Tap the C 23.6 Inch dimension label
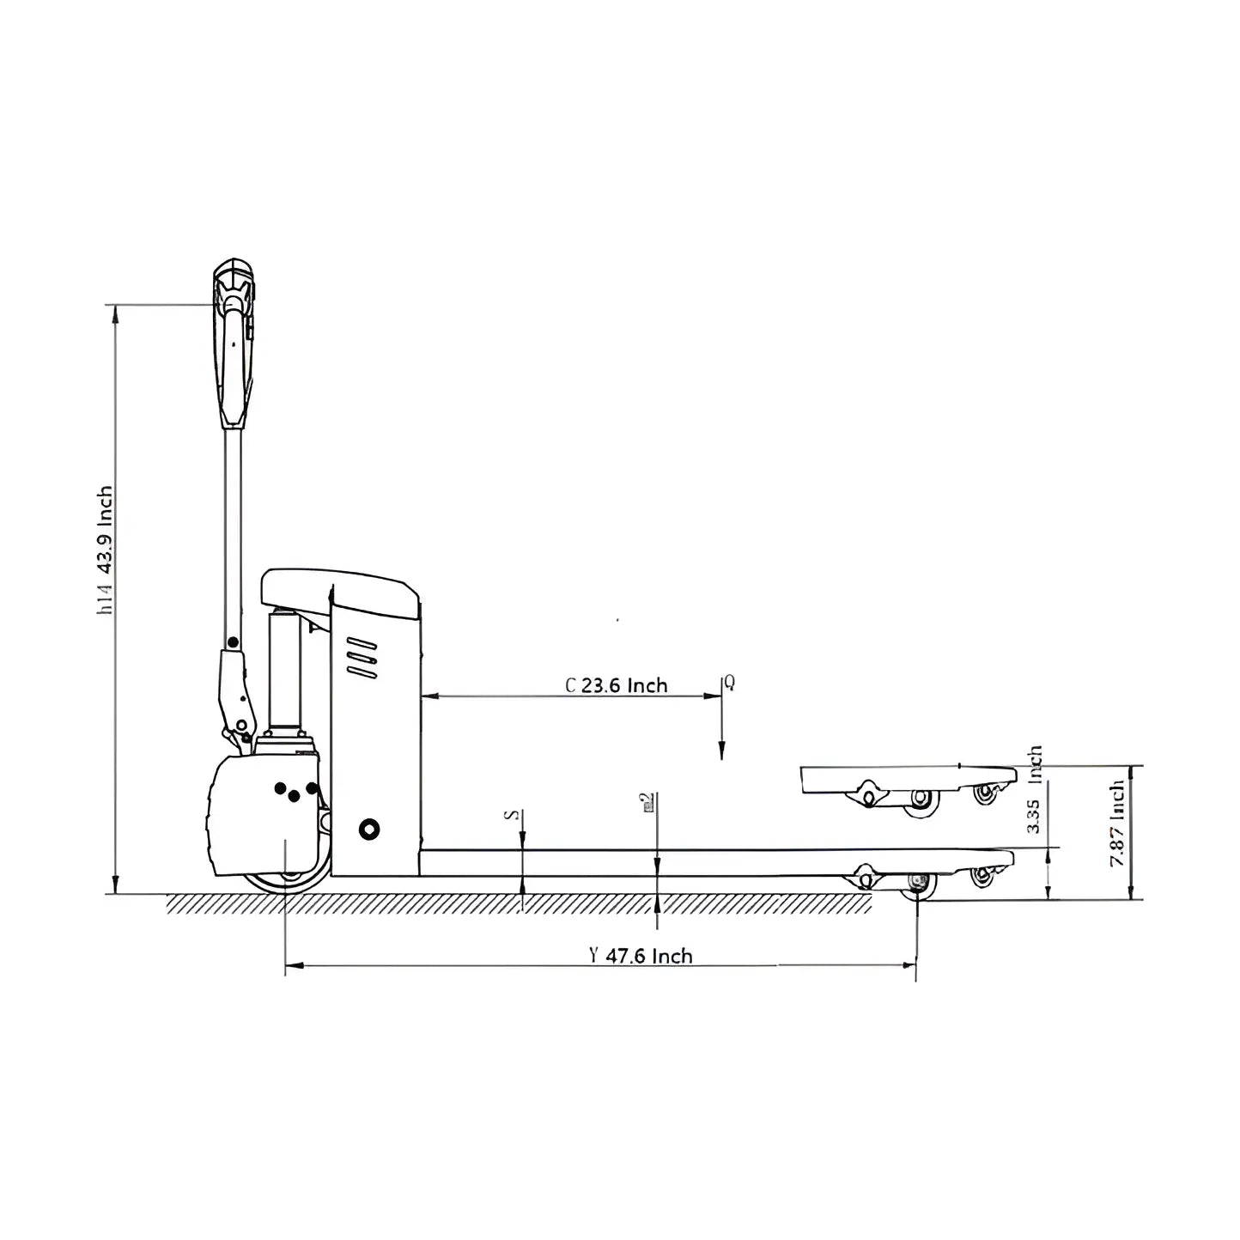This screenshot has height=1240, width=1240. click(x=617, y=685)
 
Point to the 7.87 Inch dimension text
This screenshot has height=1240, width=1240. click(x=1116, y=823)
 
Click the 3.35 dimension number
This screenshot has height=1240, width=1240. click(x=1034, y=816)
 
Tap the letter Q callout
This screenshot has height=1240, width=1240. click(x=729, y=683)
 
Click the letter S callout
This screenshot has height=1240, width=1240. click(x=514, y=814)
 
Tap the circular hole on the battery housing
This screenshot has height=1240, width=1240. click(x=369, y=829)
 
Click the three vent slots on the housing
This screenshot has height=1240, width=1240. click(x=362, y=659)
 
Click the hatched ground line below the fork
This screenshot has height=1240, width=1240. click(x=515, y=903)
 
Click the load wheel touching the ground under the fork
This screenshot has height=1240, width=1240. click(x=918, y=884)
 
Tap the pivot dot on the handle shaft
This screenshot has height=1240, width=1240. click(x=233, y=641)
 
